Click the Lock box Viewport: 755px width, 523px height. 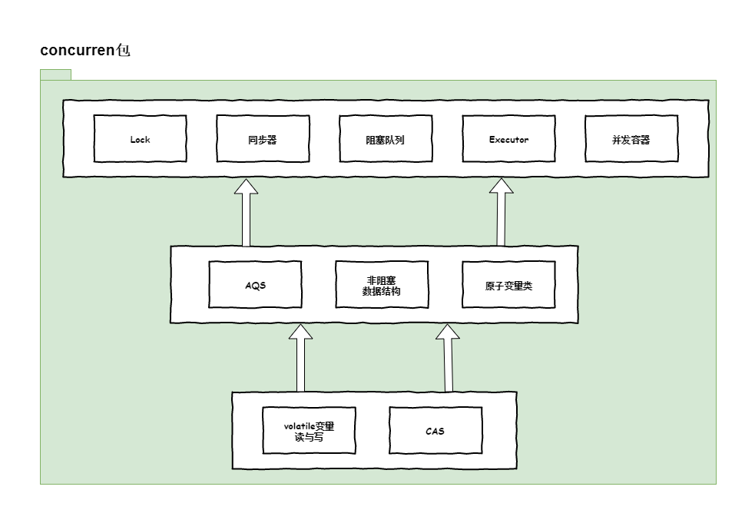[x=140, y=139]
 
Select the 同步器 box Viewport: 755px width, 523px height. [x=263, y=139]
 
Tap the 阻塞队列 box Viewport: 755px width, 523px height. [x=386, y=139]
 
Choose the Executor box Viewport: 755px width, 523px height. [x=508, y=139]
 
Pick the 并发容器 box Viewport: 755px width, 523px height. [x=631, y=139]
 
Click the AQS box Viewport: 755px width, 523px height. [x=255, y=285]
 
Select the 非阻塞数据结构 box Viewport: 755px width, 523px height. [x=382, y=285]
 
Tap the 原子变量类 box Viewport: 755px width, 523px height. [x=508, y=285]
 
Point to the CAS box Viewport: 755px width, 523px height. [x=435, y=431]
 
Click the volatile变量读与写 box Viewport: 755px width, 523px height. [x=309, y=431]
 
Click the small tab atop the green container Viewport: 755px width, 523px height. [x=55, y=74]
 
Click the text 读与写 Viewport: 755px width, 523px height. [x=309, y=437]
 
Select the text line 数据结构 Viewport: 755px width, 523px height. [x=382, y=291]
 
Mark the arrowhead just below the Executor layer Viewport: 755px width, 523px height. [x=502, y=187]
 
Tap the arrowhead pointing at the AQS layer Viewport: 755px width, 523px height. [x=300, y=333]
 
